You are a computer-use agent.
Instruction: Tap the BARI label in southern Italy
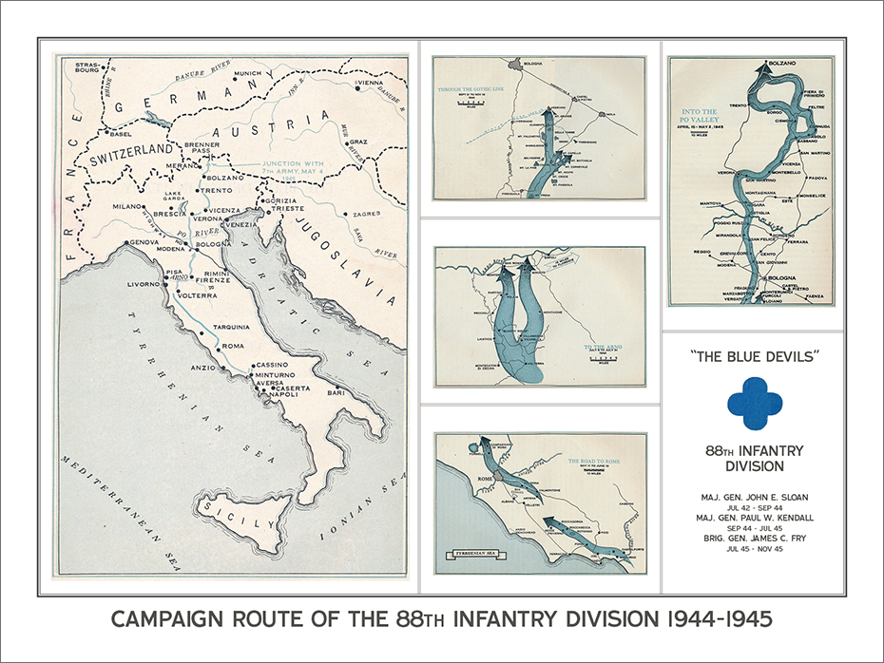[x=334, y=390]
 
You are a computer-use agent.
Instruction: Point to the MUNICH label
[x=246, y=73]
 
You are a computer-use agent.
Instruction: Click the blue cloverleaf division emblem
[x=755, y=405]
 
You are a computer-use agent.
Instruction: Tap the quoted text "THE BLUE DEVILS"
[x=755, y=358]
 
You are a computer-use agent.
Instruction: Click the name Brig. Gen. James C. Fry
[x=755, y=537]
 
